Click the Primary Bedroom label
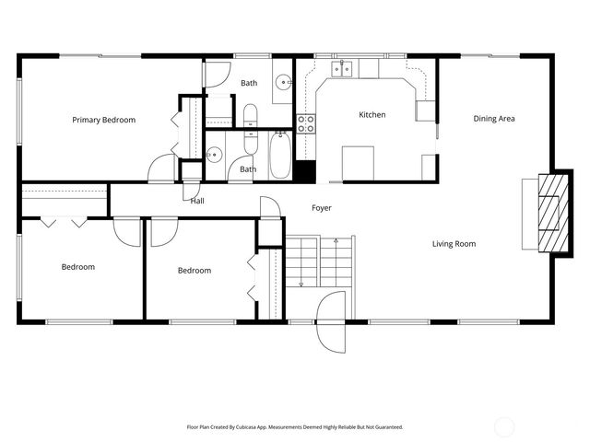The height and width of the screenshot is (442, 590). click(x=104, y=120)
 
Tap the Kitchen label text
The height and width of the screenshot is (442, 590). click(x=372, y=115)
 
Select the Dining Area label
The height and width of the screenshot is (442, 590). click(x=493, y=119)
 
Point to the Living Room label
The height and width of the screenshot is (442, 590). click(x=454, y=244)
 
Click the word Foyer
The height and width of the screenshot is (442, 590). click(x=321, y=208)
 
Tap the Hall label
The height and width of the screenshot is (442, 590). click(x=197, y=200)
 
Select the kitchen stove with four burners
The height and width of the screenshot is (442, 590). click(x=306, y=123)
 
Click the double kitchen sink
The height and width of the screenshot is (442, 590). click(x=344, y=68)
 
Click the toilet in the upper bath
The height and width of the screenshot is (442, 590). click(x=250, y=115)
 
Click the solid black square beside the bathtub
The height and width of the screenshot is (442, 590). click(x=306, y=171)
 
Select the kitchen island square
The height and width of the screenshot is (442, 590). click(x=358, y=162)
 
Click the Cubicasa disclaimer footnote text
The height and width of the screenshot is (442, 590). click(x=295, y=426)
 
